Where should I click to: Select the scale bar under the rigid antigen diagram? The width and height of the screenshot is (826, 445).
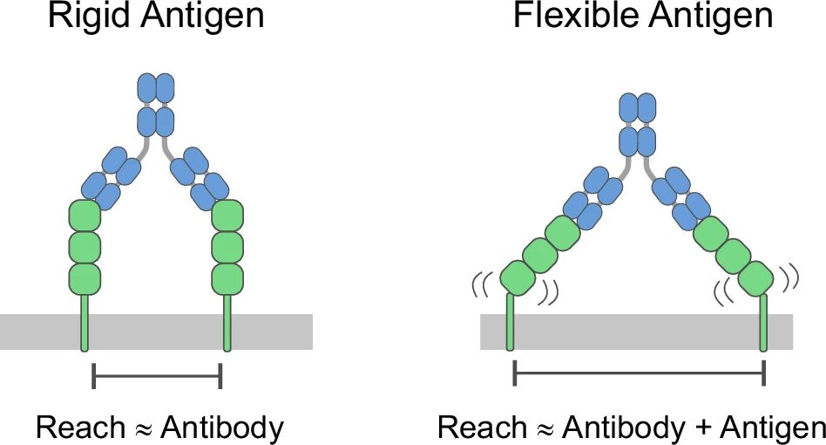click(x=157, y=376)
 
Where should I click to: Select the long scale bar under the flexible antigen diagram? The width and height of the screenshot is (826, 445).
click(x=639, y=373)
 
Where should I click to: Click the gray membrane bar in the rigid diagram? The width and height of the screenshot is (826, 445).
click(x=157, y=332)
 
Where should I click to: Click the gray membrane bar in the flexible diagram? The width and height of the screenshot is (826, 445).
click(x=636, y=332)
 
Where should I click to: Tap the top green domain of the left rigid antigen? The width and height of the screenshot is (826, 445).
click(x=85, y=216)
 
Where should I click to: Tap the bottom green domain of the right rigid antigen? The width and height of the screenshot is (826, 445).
click(x=227, y=277)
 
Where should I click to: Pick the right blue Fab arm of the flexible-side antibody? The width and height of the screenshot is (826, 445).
click(x=680, y=193)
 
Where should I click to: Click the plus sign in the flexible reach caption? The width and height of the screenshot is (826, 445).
click(x=698, y=428)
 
